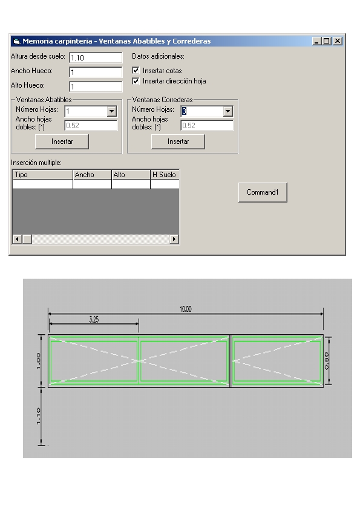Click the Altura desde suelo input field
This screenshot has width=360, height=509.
[96, 58]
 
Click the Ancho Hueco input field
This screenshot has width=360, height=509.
[96, 72]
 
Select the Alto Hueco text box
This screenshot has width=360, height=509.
[96, 86]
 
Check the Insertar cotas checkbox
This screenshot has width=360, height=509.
[136, 71]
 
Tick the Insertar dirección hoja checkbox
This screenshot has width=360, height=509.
[136, 81]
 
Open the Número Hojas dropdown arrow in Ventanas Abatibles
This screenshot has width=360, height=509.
[112, 111]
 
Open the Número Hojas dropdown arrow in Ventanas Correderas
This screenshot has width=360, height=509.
[228, 111]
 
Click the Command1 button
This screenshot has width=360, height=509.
[263, 192]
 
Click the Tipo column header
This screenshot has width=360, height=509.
[42, 175]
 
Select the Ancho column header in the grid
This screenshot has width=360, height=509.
[93, 175]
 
